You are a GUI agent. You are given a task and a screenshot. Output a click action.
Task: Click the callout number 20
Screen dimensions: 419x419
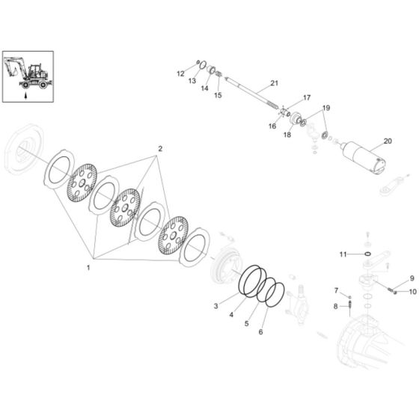pos(387,141)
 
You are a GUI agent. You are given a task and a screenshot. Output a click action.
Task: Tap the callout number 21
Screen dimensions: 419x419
pos(274,82)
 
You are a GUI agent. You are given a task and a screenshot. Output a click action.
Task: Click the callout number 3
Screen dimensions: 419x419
pos(216,307)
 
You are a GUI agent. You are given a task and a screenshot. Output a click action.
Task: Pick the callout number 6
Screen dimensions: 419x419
pos(261,331)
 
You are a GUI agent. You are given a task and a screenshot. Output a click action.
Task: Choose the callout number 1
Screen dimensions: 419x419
pos(88,267)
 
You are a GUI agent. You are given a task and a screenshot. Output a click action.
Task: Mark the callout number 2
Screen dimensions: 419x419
pos(159,150)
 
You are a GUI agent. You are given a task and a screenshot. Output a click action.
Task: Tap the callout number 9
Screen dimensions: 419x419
pos(412,279)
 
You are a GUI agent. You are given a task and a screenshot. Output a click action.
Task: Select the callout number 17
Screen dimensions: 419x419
pos(306,98)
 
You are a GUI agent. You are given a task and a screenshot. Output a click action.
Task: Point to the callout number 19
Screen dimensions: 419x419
pos(325,108)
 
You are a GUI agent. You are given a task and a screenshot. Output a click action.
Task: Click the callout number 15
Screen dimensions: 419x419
pos(218,96)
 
